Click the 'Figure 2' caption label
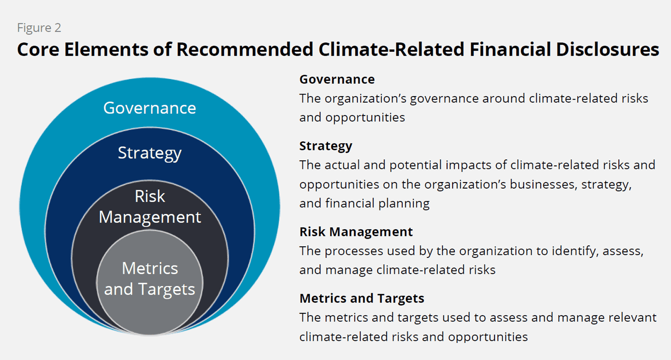click(x=39, y=28)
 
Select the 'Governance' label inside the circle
click(x=150, y=108)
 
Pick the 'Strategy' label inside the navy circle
click(x=150, y=153)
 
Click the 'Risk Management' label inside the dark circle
click(x=150, y=207)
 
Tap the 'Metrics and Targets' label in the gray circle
click(x=150, y=279)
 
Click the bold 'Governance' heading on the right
click(x=337, y=80)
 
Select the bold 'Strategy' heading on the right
click(x=326, y=146)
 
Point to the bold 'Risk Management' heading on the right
click(x=356, y=232)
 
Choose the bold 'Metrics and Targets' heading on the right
click(x=362, y=298)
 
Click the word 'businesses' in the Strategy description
click(x=543, y=184)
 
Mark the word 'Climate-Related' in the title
click(x=391, y=50)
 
